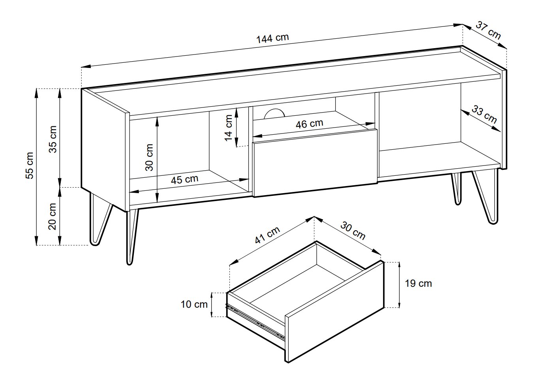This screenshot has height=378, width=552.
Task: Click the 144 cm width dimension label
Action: pos(272,38)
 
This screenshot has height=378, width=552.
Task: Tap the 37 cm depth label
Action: pos(488,30)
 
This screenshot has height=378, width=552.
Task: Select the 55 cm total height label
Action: pos(30,165)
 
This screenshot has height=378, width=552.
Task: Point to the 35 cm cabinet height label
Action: pos(53,139)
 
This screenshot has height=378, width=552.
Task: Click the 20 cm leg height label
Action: pos(53,216)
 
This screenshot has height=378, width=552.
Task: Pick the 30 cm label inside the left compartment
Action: pos(149,157)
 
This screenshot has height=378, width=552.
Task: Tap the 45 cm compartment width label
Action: pos(184,179)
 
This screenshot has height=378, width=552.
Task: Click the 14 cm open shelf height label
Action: pos(229,128)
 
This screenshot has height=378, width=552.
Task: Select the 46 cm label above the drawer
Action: pos(310,124)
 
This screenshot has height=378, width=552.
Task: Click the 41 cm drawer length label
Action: pos(268,235)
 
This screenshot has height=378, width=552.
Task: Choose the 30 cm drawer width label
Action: pos(353,231)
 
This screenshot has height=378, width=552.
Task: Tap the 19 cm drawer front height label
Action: pos(419,284)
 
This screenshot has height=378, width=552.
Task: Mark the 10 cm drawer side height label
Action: pos(194,304)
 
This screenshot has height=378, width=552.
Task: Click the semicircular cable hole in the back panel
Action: pos(274,113)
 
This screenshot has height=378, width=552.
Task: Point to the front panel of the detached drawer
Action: pos(335,312)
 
